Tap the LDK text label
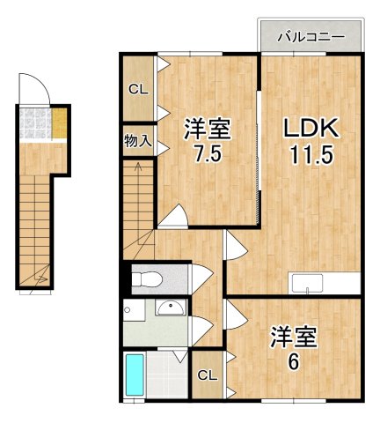pos(309,129)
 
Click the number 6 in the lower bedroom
pos(293,361)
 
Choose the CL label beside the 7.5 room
pos(137,89)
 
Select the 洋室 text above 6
pos(293,336)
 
